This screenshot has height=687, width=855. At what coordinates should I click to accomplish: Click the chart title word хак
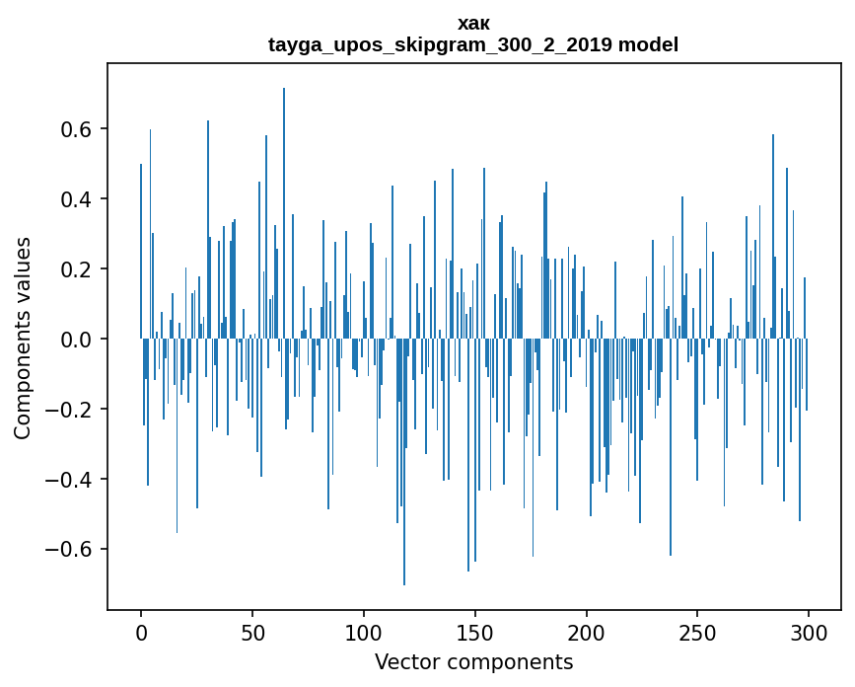pos(473,23)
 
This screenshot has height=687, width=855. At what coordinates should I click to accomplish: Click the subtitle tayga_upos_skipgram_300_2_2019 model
pos(473,44)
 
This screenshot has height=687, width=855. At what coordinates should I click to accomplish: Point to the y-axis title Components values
pos(23,338)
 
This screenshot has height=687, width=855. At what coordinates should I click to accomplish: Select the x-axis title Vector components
pos(473,661)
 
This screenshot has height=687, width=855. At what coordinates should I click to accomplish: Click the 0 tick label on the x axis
pos(141,631)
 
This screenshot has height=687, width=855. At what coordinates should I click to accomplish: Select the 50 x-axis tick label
pos(252,631)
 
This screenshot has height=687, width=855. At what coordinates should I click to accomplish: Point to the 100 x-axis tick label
pos(364,631)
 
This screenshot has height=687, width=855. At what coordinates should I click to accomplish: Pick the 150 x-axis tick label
pos(475,631)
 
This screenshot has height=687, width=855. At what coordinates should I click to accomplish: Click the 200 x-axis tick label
pos(587,631)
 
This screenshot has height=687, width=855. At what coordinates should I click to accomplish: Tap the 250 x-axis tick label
pos(697,631)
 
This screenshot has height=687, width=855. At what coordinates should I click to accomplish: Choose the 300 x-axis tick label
pos(809,631)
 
